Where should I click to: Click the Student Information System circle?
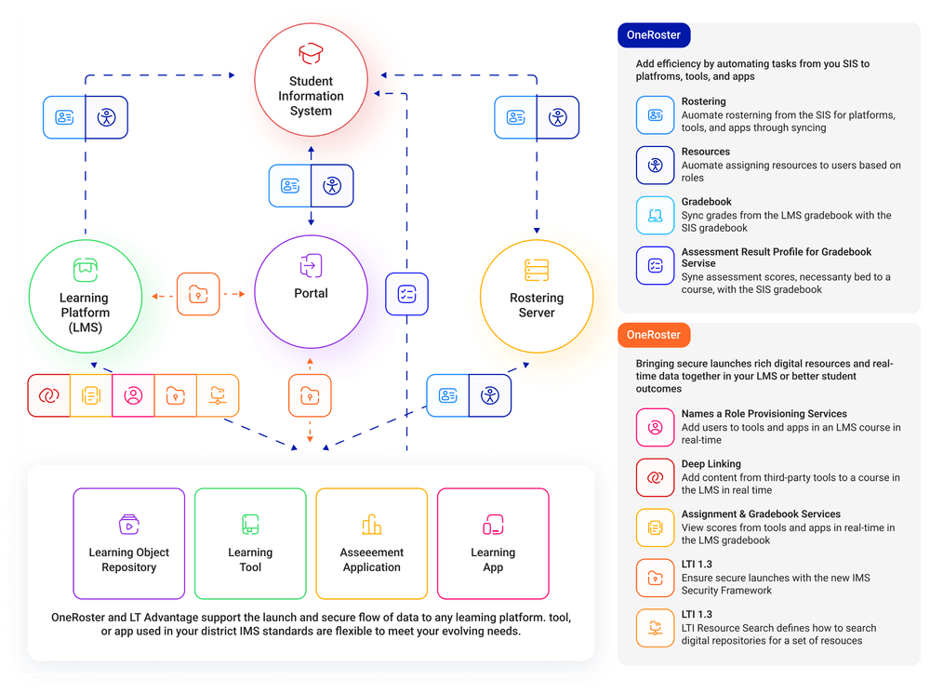coord(311,84)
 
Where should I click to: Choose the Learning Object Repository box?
coord(129,543)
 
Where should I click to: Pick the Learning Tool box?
coord(250,543)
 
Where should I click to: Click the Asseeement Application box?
coord(372,543)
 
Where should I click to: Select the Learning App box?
coord(493,543)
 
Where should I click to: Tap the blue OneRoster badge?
coord(654,35)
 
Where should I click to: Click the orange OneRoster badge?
coord(654,335)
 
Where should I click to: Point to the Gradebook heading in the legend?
coord(707,202)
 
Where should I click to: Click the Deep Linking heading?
coord(711,464)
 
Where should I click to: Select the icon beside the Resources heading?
coord(656,166)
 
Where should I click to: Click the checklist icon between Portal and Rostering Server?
coord(406,294)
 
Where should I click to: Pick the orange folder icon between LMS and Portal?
coord(197,294)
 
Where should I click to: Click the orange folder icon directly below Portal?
coord(310,395)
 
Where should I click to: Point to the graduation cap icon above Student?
coord(311,53)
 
